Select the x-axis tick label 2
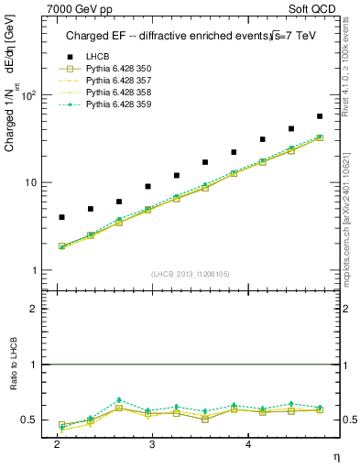point(58,443)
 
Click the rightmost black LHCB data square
point(319,116)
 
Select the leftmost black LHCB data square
point(61,217)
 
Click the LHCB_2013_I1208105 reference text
point(191,273)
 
